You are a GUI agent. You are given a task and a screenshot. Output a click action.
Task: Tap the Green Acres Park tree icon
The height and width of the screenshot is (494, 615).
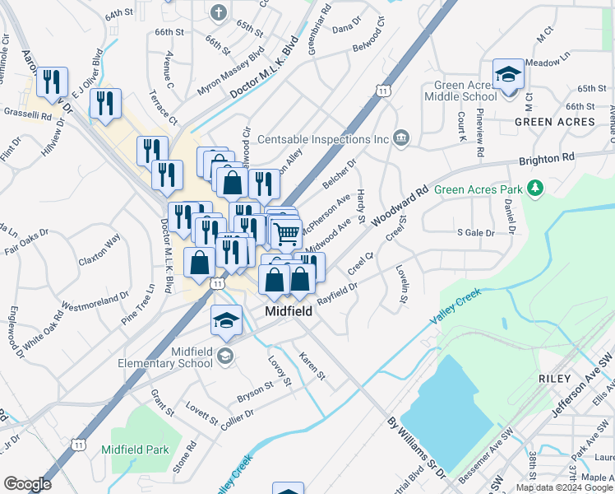(x=536, y=189)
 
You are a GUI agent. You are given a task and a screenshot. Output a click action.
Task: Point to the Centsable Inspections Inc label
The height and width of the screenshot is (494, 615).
(x=321, y=139)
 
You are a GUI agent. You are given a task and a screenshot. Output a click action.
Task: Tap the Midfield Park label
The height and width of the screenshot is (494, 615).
(x=135, y=450)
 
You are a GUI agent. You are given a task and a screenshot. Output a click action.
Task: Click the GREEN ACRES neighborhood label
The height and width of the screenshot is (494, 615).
(x=555, y=122)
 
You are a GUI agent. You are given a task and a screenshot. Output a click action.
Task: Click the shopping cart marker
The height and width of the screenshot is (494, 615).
(x=286, y=232)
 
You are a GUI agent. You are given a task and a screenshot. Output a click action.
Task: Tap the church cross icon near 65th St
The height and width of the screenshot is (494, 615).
(x=218, y=12)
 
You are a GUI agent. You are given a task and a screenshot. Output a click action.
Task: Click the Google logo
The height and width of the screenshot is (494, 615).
(x=28, y=483)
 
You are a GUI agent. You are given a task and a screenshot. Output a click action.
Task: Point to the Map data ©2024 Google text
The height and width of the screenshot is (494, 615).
(x=563, y=487)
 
